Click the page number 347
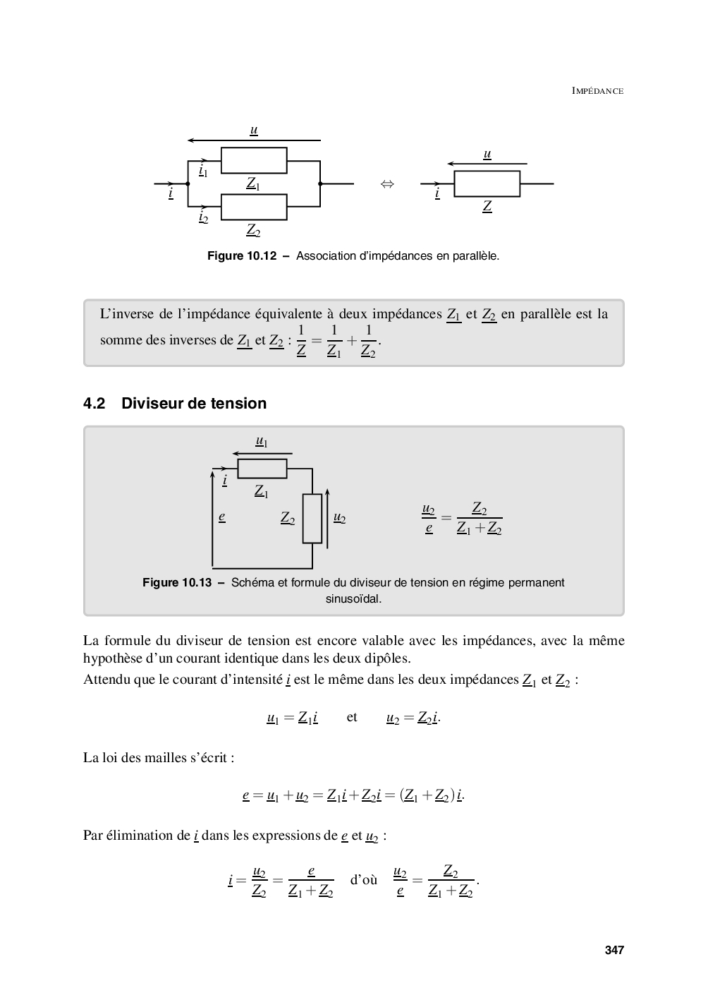click(614, 950)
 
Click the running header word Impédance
click(597, 91)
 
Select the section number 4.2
click(94, 404)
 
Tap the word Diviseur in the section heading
click(152, 404)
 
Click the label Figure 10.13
click(177, 583)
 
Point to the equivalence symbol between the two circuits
click(386, 184)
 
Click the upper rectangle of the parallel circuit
click(254, 160)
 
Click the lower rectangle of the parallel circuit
click(254, 207)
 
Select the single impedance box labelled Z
click(487, 183)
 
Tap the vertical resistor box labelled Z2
click(312, 518)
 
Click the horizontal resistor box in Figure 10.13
click(262, 469)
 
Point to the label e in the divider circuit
click(221, 517)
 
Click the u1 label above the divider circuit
click(261, 441)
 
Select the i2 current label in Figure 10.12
click(203, 217)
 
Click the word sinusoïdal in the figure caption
click(353, 599)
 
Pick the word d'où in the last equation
click(363, 880)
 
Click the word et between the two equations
click(352, 717)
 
